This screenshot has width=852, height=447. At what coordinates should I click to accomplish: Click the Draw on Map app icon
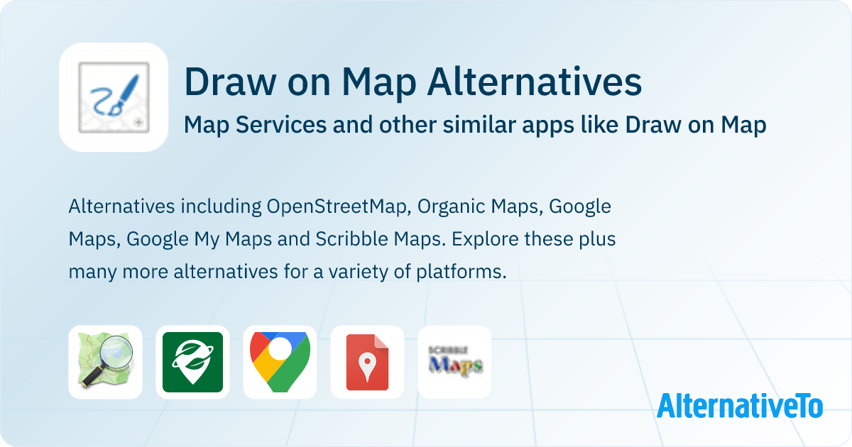pyautogui.click(x=114, y=97)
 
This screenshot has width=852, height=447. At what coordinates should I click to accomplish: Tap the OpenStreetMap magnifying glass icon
pyautogui.click(x=105, y=362)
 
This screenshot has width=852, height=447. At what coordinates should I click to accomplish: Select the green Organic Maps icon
pyautogui.click(x=192, y=362)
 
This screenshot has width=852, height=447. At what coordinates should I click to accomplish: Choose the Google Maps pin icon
pyautogui.click(x=280, y=362)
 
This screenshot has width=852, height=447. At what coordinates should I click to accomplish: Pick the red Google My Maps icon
pyautogui.click(x=367, y=362)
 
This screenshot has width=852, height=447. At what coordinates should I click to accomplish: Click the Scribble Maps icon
pyautogui.click(x=454, y=362)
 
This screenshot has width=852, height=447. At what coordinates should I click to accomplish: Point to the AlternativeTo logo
pyautogui.click(x=740, y=406)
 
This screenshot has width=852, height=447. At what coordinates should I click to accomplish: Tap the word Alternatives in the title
pyautogui.click(x=534, y=83)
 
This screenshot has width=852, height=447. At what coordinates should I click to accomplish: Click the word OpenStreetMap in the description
pyautogui.click(x=338, y=206)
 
